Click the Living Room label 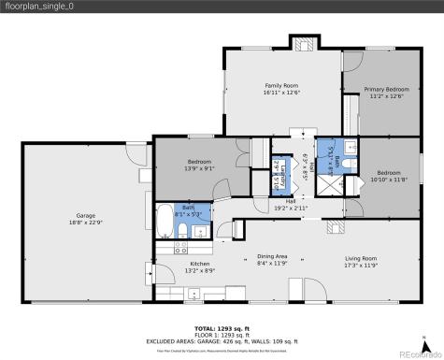tap(359, 261)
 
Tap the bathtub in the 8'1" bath tap(165, 222)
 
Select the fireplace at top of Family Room tap(304, 44)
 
